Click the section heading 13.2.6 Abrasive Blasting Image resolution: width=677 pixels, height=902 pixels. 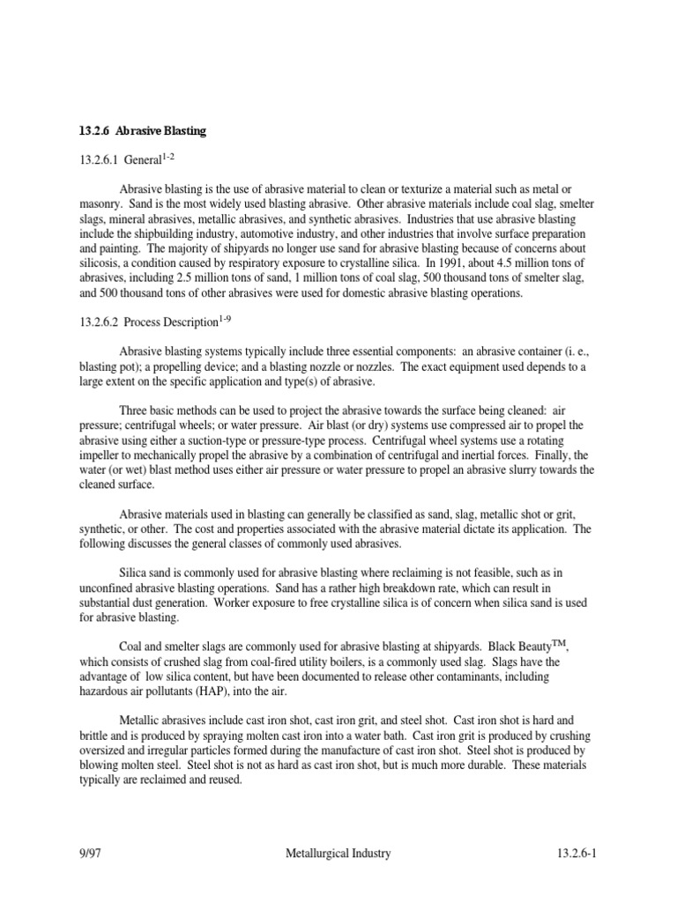(142, 131)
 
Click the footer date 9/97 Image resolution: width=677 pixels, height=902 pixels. (92, 853)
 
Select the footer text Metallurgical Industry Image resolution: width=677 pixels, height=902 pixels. (338, 853)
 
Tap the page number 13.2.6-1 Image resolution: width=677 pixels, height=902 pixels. (577, 853)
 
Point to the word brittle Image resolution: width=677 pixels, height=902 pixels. (96, 736)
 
